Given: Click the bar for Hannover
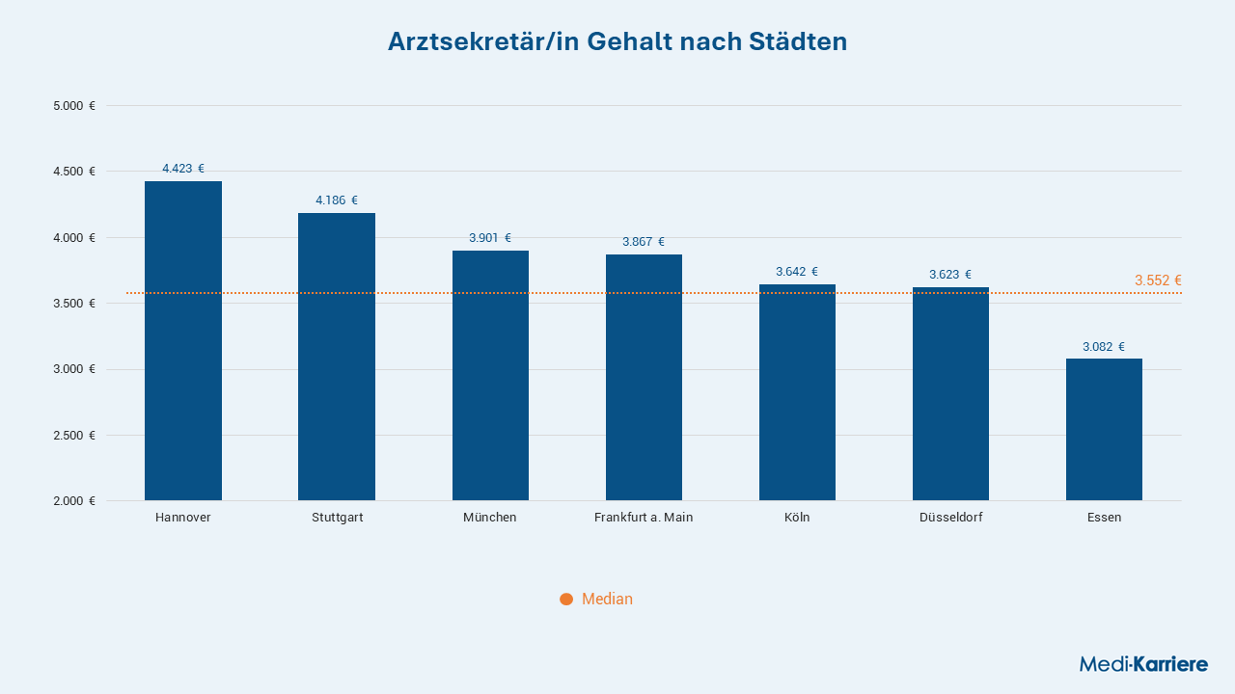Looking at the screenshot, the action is click(183, 341).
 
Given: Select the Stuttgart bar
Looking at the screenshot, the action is click(337, 357).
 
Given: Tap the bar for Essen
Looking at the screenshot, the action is click(1104, 430).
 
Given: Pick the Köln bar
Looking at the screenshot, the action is click(797, 392).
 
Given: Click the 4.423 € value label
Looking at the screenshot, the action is click(183, 169).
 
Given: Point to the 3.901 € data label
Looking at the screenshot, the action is click(490, 238).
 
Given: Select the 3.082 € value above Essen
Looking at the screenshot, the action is click(1104, 346).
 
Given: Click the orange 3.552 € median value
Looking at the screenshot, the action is click(1158, 280).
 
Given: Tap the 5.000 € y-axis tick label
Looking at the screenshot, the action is click(74, 106).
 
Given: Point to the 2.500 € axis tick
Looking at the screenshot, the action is click(74, 435).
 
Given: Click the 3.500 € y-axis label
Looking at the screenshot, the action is click(74, 304).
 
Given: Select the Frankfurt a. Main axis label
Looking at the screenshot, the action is click(644, 518).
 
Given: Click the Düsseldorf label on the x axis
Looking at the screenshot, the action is click(950, 518).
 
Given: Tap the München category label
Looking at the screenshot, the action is click(490, 518).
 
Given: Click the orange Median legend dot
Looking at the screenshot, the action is click(566, 600).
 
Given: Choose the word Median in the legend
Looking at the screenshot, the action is click(607, 599).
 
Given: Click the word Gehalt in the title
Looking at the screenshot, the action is click(629, 41).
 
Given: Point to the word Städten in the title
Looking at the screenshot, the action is click(798, 41).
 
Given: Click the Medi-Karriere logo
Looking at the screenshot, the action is click(1143, 664).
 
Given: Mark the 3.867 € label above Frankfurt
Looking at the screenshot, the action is click(644, 242).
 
